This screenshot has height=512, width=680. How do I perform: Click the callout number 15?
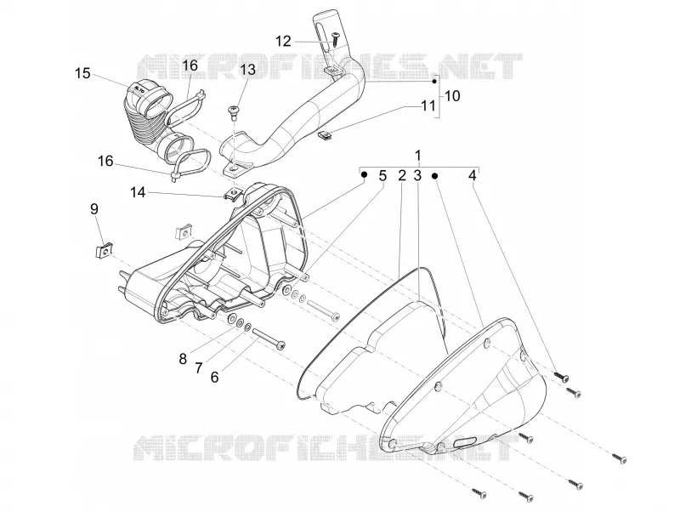[x=82, y=73]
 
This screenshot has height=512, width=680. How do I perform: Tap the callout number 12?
[x=283, y=41]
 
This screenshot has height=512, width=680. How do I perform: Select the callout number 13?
[x=248, y=70]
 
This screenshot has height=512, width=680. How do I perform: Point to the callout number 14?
[x=138, y=191]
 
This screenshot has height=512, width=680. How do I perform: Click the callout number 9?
[x=94, y=209]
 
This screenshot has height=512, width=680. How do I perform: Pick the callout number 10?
[x=452, y=96]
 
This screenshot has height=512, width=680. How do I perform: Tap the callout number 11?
[x=428, y=105]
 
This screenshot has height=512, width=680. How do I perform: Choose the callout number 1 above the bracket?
[x=418, y=156]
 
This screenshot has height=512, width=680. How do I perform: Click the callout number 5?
[x=382, y=176]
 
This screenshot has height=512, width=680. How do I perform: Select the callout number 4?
[x=473, y=176]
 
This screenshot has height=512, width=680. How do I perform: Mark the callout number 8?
[x=183, y=359]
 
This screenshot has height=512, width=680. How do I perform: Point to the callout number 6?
[x=215, y=377]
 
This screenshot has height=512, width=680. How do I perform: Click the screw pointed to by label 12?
[x=336, y=39]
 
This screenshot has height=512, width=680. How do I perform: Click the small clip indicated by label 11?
[x=326, y=135]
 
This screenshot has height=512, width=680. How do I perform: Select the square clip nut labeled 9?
[x=104, y=251]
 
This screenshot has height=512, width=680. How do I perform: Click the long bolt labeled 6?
[x=268, y=337]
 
